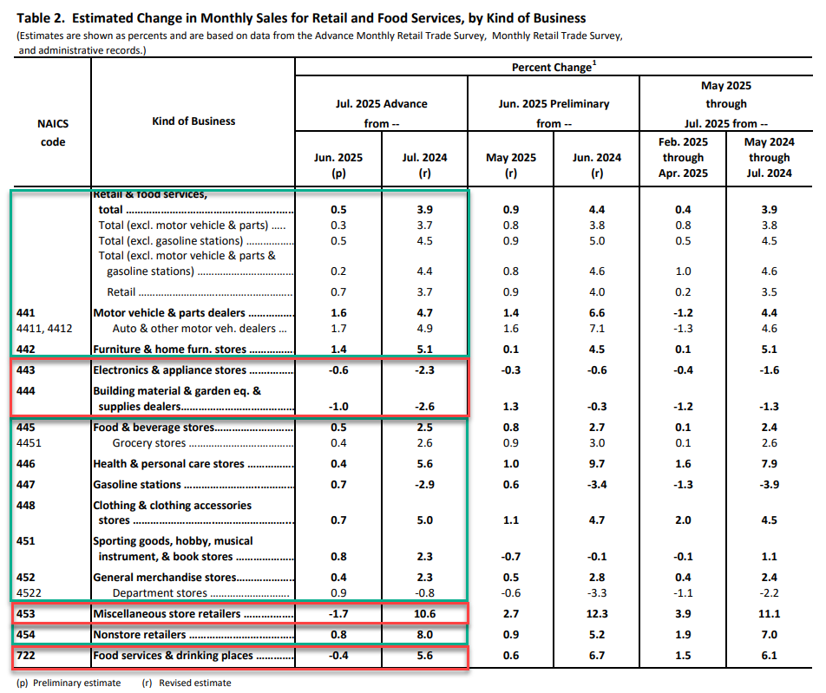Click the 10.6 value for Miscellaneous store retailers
(424, 614)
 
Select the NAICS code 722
(26, 656)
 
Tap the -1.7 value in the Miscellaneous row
(338, 614)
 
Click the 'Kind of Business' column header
(193, 121)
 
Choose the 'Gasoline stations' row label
(137, 485)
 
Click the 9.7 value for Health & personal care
(596, 464)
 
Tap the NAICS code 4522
(29, 593)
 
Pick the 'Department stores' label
(160, 593)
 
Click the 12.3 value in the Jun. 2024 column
(596, 614)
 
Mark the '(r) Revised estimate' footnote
(187, 683)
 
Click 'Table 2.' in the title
(41, 18)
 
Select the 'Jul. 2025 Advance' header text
(382, 104)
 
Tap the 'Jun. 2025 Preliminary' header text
(554, 104)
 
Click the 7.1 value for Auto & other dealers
(596, 329)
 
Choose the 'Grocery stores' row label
(149, 443)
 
